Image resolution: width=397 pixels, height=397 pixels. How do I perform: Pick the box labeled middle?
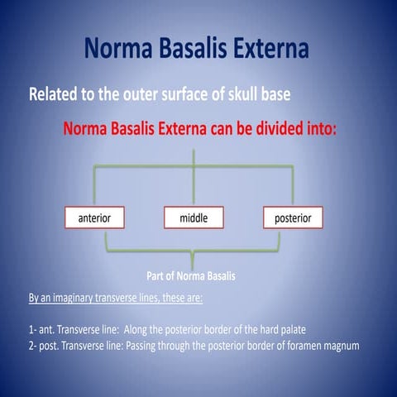[194, 218]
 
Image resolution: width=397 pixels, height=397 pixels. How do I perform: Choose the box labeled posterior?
[293, 218]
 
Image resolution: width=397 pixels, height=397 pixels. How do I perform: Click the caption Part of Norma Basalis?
[193, 275]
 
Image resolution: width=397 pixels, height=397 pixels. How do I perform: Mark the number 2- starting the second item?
[33, 346]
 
